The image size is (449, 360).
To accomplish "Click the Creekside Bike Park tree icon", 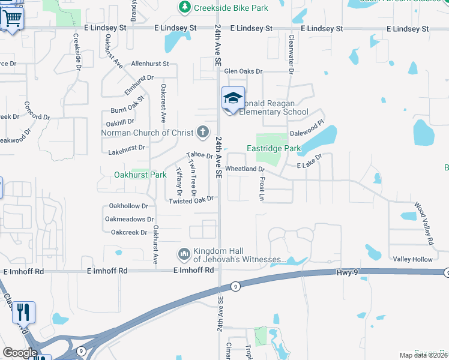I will pyautogui.click(x=185, y=7).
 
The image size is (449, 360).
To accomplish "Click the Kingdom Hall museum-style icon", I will pyautogui.click(x=184, y=255).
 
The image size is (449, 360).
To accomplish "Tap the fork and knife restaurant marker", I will pyautogui.click(x=23, y=312).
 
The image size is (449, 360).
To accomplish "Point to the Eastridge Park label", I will pyautogui.click(x=274, y=148).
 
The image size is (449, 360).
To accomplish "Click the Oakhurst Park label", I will pyautogui.click(x=140, y=175).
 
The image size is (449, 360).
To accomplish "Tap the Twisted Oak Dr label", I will pyautogui.click(x=191, y=200).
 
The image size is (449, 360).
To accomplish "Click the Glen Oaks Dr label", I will pyautogui.click(x=244, y=71).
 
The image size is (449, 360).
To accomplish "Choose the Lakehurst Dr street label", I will pyautogui.click(x=125, y=147).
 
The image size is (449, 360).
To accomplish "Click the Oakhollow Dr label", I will pyautogui.click(x=127, y=206).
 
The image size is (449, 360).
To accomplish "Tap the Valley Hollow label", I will pyautogui.click(x=412, y=259).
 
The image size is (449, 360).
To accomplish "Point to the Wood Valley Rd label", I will pyautogui.click(x=424, y=227).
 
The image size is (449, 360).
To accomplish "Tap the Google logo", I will pyautogui.click(x=20, y=353).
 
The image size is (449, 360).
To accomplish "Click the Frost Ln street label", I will pyautogui.click(x=262, y=188).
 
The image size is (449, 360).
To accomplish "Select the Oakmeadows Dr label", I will pyautogui.click(x=130, y=220).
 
